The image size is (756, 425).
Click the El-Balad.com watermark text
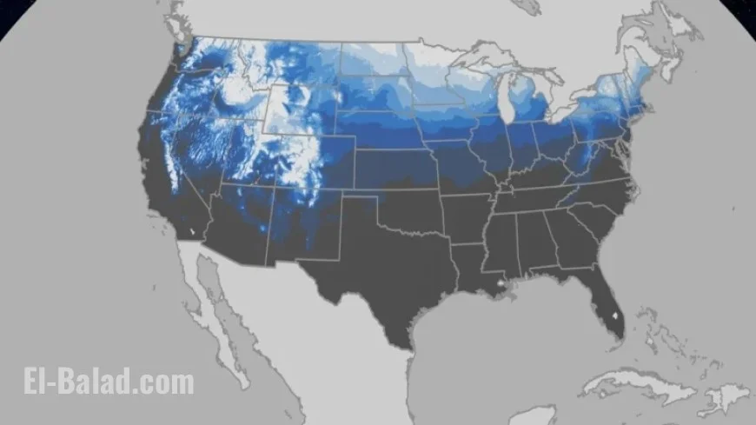109,382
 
